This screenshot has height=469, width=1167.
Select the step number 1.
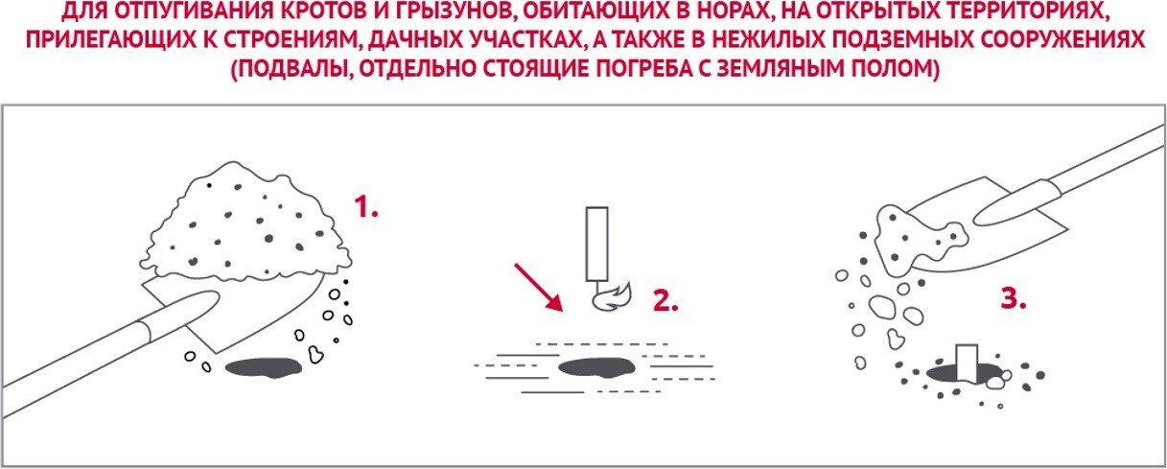[x=365, y=206]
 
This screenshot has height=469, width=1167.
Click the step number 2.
[x=665, y=301]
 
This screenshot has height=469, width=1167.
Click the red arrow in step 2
[x=538, y=287]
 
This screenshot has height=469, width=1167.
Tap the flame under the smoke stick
[x=612, y=298]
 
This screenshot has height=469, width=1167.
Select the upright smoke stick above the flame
[x=597, y=245]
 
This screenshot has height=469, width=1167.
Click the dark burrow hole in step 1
[x=264, y=367]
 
